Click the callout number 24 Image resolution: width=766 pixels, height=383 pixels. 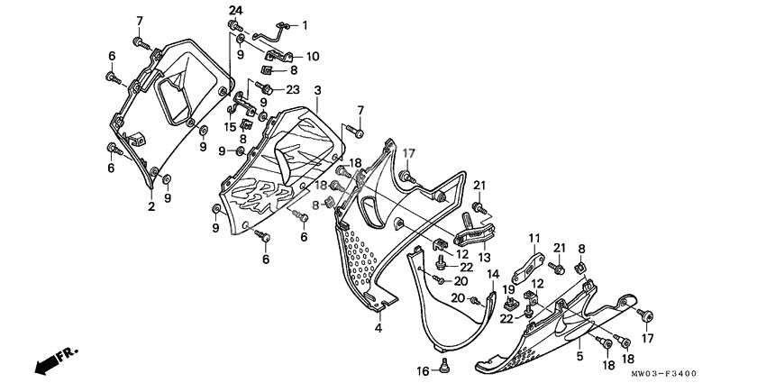[x=235, y=10]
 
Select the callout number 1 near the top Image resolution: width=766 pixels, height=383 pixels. [x=305, y=25]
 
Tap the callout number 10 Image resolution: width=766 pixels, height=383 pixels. [x=312, y=56]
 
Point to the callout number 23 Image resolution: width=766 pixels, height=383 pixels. [x=293, y=89]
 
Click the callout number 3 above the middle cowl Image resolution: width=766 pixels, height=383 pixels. [x=318, y=92]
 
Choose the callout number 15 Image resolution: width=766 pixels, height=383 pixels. [x=231, y=127]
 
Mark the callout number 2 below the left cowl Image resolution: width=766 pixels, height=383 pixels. [x=151, y=206]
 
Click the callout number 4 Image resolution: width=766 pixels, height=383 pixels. [x=378, y=328]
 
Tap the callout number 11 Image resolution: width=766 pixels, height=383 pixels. [x=533, y=239]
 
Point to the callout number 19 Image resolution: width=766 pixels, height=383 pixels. [x=506, y=289]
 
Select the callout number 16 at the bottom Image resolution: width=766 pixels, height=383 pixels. [x=422, y=370]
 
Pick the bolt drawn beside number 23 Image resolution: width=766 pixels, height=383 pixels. [x=268, y=87]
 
